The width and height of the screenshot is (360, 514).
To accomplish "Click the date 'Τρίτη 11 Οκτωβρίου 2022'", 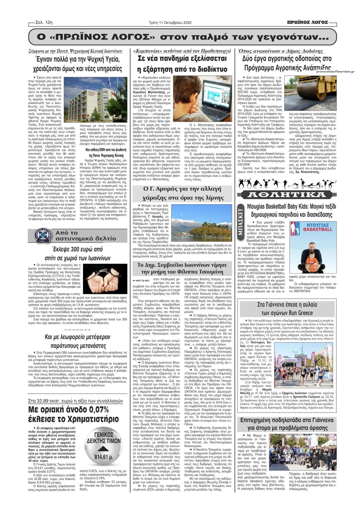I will tap(170, 23).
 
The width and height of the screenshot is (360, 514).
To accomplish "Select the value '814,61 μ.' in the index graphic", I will tap(103, 457).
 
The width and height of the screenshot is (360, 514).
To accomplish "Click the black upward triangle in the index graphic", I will tap(103, 449).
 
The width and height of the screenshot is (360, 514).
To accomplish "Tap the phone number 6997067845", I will tap(302, 291).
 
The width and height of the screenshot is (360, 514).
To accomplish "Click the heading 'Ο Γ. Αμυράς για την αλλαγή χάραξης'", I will tap(182, 193).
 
